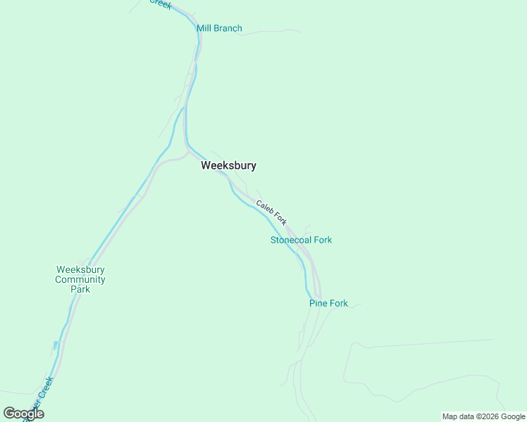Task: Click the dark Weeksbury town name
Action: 228,166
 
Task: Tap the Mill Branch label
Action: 219,29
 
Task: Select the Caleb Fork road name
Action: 271,213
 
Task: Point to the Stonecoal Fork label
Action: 301,240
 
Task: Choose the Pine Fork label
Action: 328,304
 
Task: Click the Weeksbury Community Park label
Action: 81,279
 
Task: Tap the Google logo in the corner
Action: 23,414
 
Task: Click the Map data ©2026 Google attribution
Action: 484,416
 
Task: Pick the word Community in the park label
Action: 81,279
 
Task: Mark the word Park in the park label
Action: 80,289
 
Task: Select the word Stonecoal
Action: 290,240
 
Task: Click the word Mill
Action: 204,29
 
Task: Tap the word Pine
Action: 318,304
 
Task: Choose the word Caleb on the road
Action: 265,207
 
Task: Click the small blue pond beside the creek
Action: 55,345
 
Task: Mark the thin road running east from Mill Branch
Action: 271,32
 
